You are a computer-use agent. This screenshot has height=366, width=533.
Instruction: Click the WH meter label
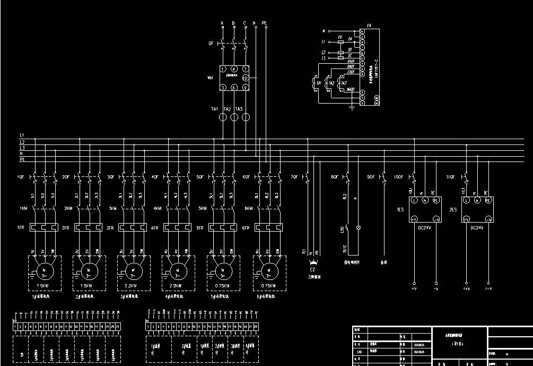pyautogui.click(x=210, y=78)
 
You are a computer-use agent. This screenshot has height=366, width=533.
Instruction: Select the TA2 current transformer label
pyautogui.click(x=227, y=109)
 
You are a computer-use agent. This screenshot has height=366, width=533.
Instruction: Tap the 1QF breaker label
pyautogui.click(x=21, y=176)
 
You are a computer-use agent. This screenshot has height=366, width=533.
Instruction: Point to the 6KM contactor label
pyautogui.click(x=248, y=209)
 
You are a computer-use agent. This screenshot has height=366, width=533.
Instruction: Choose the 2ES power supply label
pyautogui.click(x=453, y=210)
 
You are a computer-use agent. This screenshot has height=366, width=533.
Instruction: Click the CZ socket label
pyautogui.click(x=313, y=270)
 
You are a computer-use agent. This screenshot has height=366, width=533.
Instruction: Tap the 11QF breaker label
pyautogui.click(x=451, y=176)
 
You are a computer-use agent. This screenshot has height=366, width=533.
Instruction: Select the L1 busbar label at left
pyautogui.click(x=22, y=135)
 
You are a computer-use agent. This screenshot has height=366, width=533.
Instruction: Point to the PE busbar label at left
pyautogui.click(x=22, y=159)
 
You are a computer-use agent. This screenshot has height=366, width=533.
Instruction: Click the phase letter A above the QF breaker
pyautogui.click(x=222, y=23)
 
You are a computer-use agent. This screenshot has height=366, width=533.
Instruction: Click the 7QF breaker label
pyautogui.click(x=294, y=176)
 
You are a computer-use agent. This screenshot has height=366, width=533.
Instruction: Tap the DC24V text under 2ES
pyautogui.click(x=476, y=227)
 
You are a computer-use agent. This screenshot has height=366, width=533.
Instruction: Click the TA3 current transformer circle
pyautogui.click(x=245, y=117)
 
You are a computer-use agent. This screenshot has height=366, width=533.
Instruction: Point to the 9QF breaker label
pyautogui.click(x=371, y=176)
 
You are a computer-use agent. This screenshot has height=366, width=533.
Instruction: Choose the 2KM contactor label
pyautogui.click(x=67, y=209)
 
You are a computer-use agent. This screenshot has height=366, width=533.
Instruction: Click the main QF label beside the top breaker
pyautogui.click(x=211, y=44)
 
